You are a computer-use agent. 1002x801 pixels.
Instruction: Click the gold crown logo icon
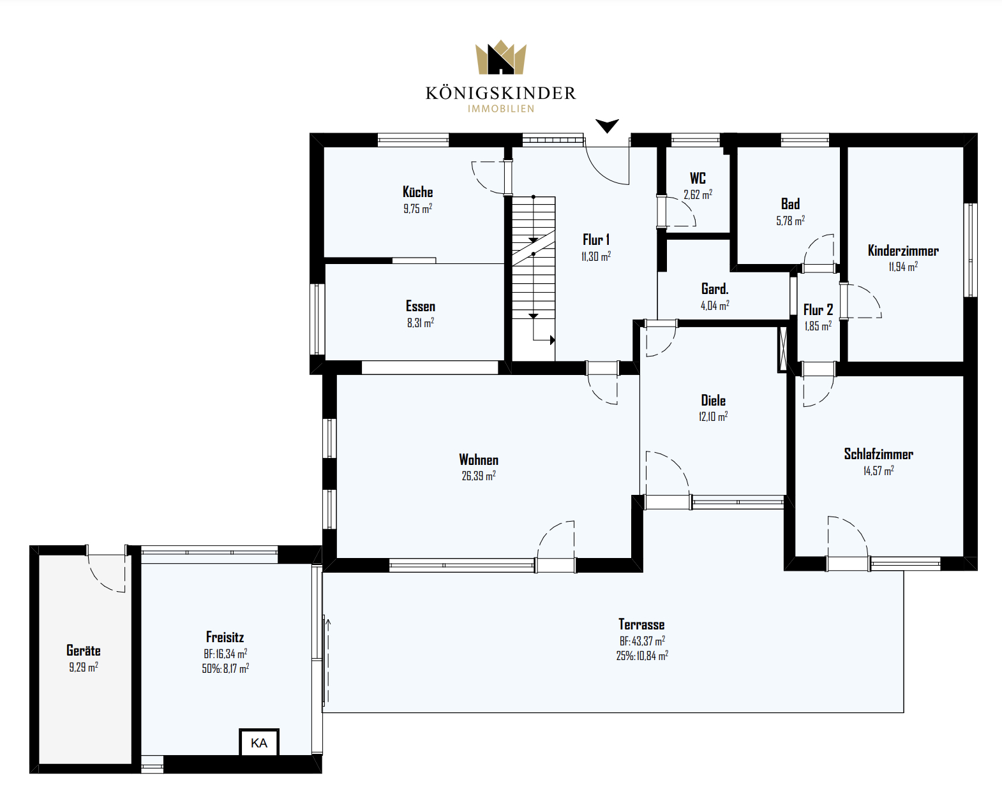(x=500, y=57)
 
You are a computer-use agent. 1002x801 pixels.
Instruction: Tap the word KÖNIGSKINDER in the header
(x=500, y=93)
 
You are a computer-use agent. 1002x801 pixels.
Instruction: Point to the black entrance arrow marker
(x=607, y=126)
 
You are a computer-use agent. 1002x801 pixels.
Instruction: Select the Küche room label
(x=417, y=192)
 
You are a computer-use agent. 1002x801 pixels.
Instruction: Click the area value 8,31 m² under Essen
(x=421, y=322)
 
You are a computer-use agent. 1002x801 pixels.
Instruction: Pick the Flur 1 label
(x=596, y=240)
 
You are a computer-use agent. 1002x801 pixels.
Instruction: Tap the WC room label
(x=698, y=178)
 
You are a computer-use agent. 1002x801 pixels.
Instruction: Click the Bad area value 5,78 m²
(x=790, y=220)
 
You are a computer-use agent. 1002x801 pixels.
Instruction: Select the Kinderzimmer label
(x=903, y=251)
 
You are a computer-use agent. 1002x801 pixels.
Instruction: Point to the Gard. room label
(x=715, y=289)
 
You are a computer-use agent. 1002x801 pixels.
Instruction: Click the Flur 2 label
(x=818, y=309)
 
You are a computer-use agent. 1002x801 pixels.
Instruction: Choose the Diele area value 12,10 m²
(x=713, y=416)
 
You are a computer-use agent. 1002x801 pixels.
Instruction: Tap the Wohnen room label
(x=479, y=460)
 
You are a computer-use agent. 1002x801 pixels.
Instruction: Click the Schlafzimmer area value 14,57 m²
(x=879, y=471)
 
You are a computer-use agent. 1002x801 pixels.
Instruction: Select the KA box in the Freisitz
(x=259, y=742)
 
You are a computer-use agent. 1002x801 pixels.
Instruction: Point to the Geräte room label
(x=84, y=650)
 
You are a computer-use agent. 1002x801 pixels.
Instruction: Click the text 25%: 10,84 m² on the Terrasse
(x=642, y=656)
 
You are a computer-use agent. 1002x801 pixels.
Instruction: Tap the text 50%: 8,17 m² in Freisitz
(x=225, y=668)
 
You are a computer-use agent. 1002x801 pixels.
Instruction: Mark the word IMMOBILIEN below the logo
(x=501, y=109)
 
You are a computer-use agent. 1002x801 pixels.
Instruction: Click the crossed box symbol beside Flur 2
(x=782, y=349)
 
